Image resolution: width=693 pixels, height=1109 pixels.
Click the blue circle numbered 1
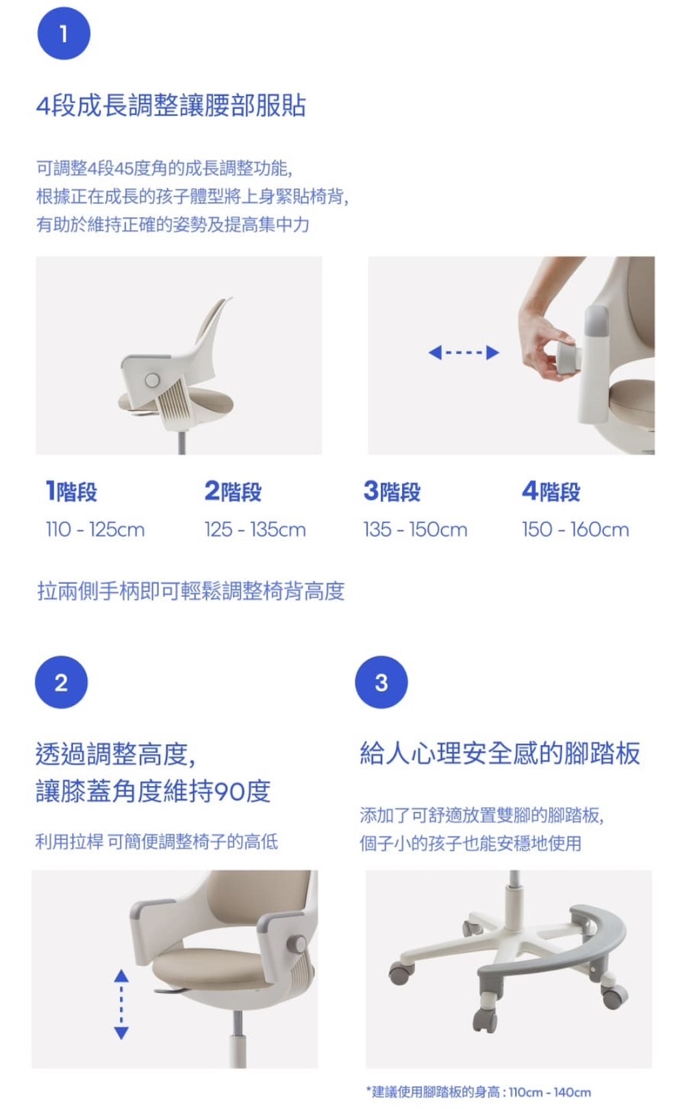pos(64,34)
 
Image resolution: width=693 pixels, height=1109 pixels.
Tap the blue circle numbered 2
pos(62,682)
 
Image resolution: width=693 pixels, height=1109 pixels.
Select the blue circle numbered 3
pos(381,682)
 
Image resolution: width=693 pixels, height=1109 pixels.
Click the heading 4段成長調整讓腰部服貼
pos(171,106)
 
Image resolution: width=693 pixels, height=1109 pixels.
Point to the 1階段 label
pos(71,491)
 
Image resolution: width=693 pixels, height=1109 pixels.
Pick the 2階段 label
pos(233,491)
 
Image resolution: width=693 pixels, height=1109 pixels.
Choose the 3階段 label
pos(392,491)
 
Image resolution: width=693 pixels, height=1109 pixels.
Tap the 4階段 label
pos(551,491)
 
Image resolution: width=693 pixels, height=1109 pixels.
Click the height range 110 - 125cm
pos(95,529)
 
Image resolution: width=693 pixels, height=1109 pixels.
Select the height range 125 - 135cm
pos(255,529)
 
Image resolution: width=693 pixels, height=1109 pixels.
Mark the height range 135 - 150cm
pos(415,529)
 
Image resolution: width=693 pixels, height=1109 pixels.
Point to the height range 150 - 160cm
pos(575,529)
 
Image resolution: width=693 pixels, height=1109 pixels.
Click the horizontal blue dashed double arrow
pos(464,353)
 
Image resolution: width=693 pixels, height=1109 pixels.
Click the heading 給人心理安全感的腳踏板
pos(500,753)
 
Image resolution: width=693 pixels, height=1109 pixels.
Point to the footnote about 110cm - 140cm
pos(478,1092)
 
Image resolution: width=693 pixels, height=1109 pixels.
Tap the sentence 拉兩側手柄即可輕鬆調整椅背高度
pos(191,591)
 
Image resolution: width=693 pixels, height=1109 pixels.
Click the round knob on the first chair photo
pos(152,380)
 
